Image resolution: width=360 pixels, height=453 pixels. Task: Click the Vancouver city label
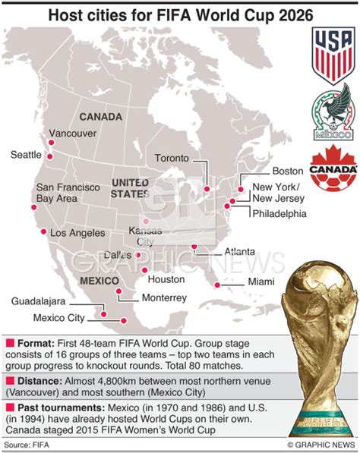click(74, 134)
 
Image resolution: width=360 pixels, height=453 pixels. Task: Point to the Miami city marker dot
click(217, 285)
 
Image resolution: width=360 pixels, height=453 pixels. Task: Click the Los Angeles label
click(77, 234)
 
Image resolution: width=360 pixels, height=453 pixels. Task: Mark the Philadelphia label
click(279, 213)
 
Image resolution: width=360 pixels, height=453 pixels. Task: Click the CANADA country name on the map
click(100, 116)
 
